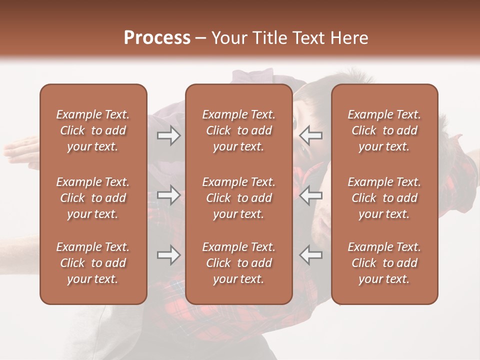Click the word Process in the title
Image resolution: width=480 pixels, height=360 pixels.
point(157,37)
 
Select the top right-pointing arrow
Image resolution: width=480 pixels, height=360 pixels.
point(168,135)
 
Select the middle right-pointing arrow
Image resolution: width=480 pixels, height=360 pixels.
point(168,195)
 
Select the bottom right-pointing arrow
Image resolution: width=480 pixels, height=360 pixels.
point(168,255)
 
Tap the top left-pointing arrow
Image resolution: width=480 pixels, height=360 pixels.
point(311,135)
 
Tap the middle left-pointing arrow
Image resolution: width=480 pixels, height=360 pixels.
point(311,195)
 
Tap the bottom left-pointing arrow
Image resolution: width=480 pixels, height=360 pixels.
point(311,255)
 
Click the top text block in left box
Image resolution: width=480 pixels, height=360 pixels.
point(93,130)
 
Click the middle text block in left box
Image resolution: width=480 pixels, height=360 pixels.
point(93,198)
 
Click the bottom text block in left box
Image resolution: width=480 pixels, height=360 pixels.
point(93,263)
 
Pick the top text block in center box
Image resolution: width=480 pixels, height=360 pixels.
point(238,130)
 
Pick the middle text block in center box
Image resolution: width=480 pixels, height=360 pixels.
point(238,198)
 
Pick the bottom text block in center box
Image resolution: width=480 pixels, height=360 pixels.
point(238,263)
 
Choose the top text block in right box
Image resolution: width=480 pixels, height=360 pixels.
point(384,130)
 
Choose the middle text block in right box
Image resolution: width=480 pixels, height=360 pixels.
point(384,198)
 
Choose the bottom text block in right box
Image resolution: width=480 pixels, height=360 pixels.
point(384,263)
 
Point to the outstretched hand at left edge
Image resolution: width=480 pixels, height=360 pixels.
point(20,147)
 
